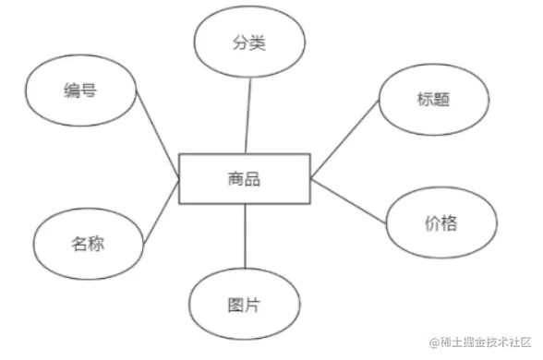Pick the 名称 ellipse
(x=88, y=245)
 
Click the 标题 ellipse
(x=431, y=100)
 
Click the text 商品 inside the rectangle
(x=244, y=178)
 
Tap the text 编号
(x=81, y=90)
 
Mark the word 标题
(x=432, y=100)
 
